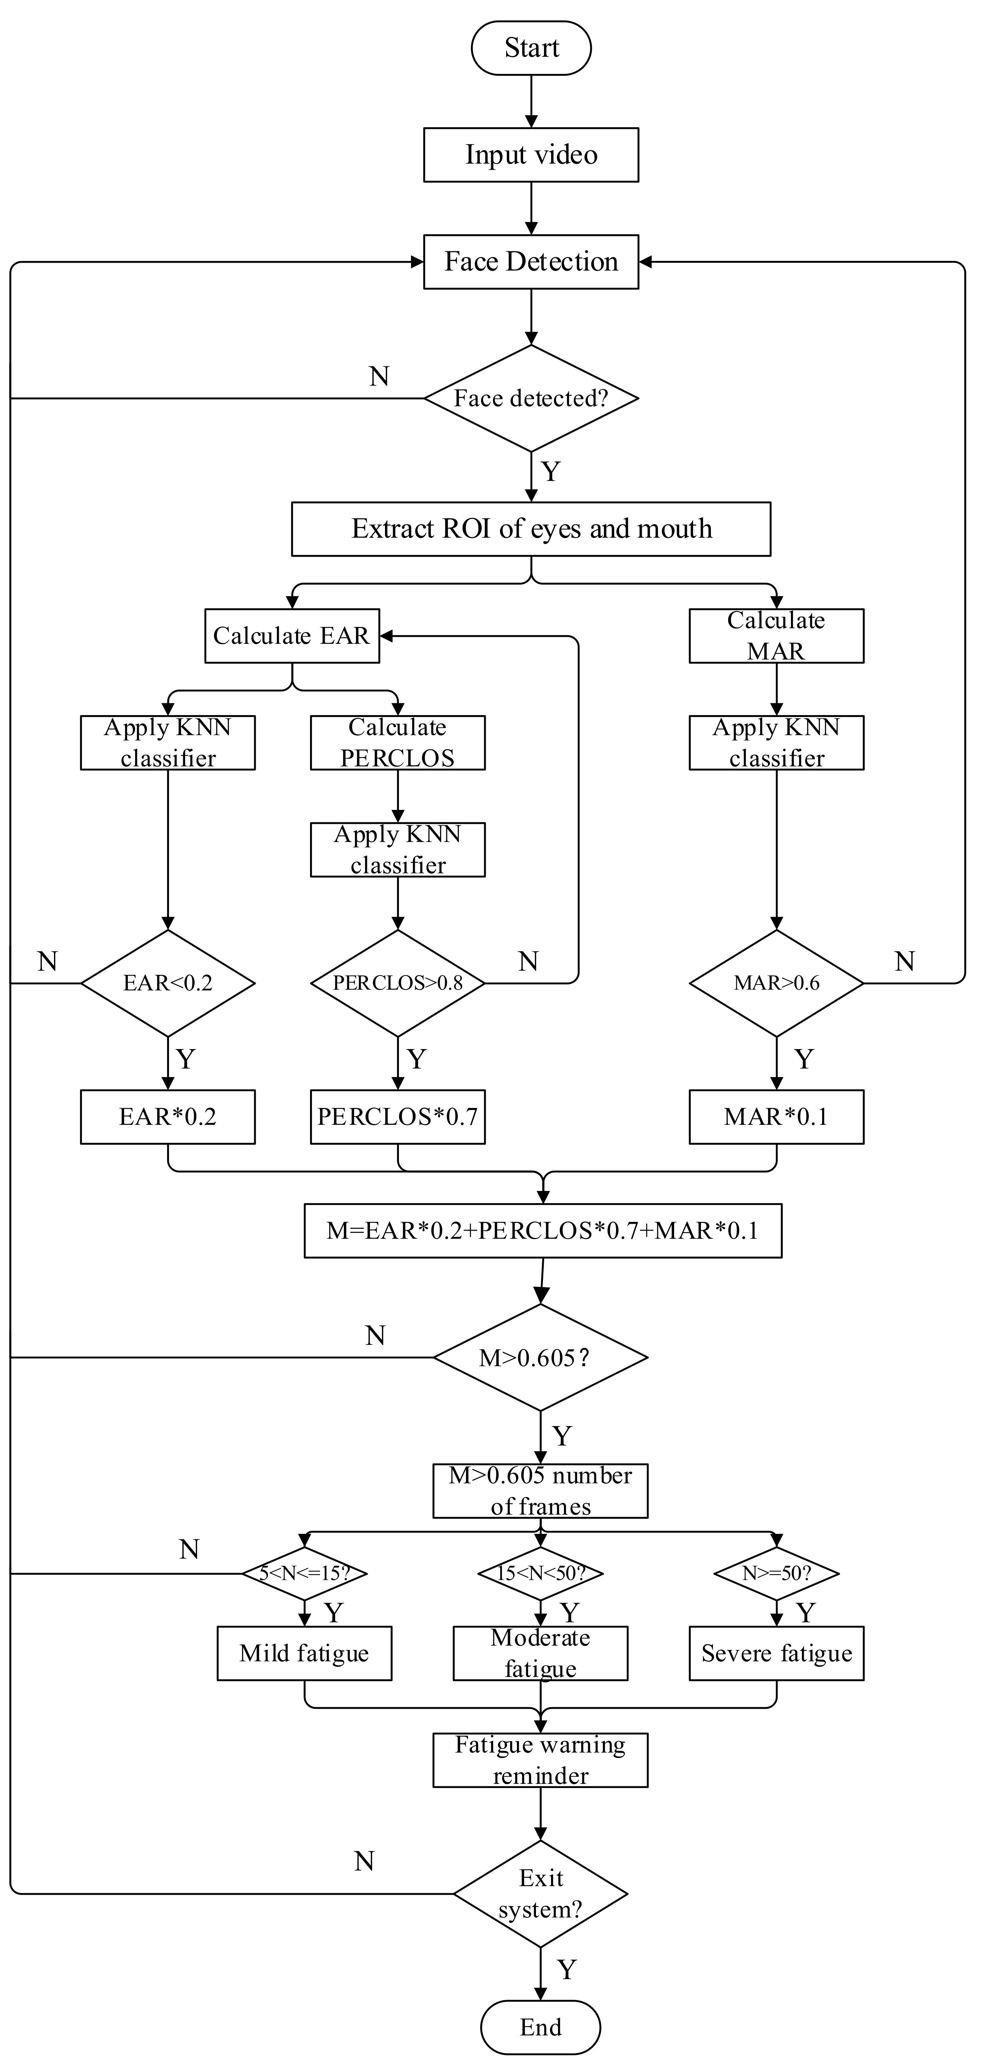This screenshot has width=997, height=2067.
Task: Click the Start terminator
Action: pyautogui.click(x=531, y=48)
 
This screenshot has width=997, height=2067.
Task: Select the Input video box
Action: pyautogui.click(x=531, y=155)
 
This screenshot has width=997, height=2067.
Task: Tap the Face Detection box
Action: pyautogui.click(x=531, y=262)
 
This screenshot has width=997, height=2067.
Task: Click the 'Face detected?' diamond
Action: pyautogui.click(x=531, y=398)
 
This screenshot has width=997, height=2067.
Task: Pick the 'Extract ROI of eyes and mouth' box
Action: pyautogui.click(x=531, y=529)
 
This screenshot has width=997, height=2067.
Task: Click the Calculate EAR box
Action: pyautogui.click(x=292, y=635)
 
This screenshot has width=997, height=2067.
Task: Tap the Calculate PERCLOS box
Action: pyautogui.click(x=398, y=742)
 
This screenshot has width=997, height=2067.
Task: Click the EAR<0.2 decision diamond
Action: pyautogui.click(x=168, y=983)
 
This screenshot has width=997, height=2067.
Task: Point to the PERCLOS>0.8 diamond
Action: pyautogui.click(x=398, y=983)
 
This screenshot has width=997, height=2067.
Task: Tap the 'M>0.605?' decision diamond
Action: pyautogui.click(x=541, y=1358)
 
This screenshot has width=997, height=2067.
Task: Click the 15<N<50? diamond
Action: pyautogui.click(x=541, y=1573)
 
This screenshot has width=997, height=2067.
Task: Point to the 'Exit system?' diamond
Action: pyautogui.click(x=541, y=1894)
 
